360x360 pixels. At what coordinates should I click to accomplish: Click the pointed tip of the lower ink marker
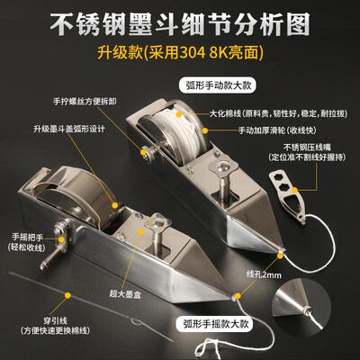click(x=237, y=292)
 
